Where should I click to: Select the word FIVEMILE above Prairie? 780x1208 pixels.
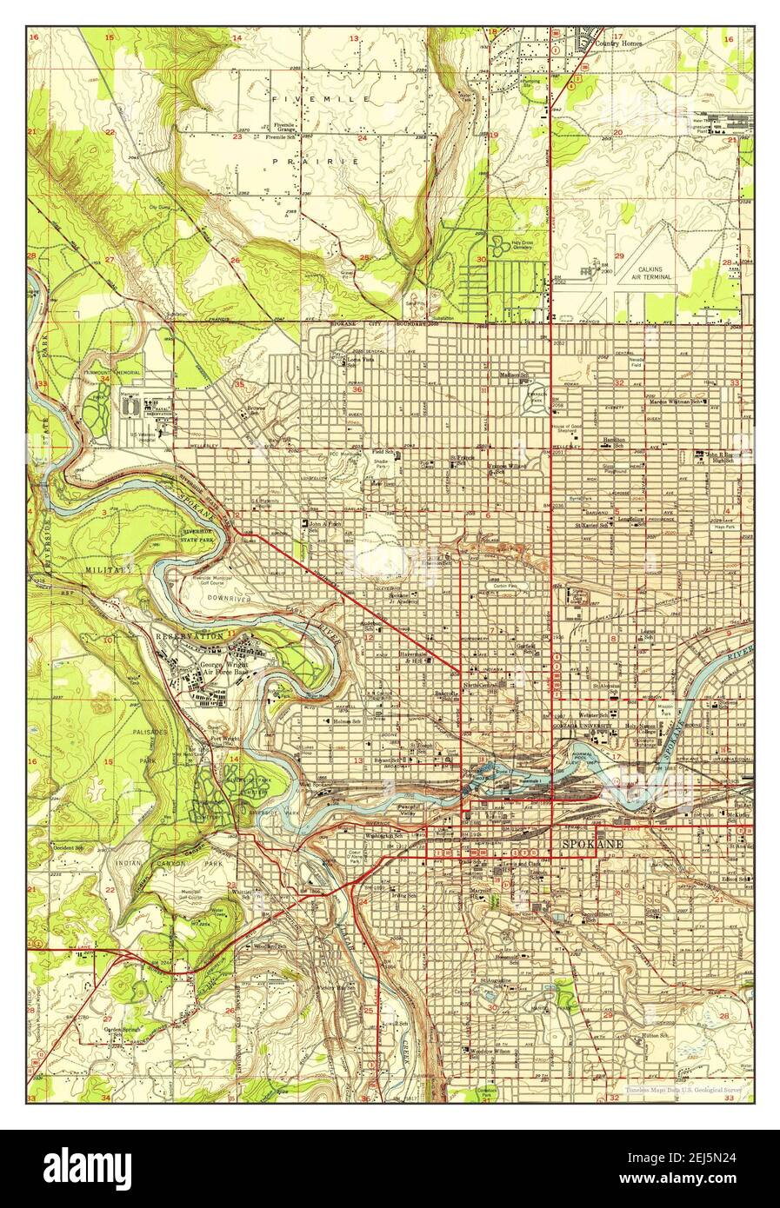click(320, 100)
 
